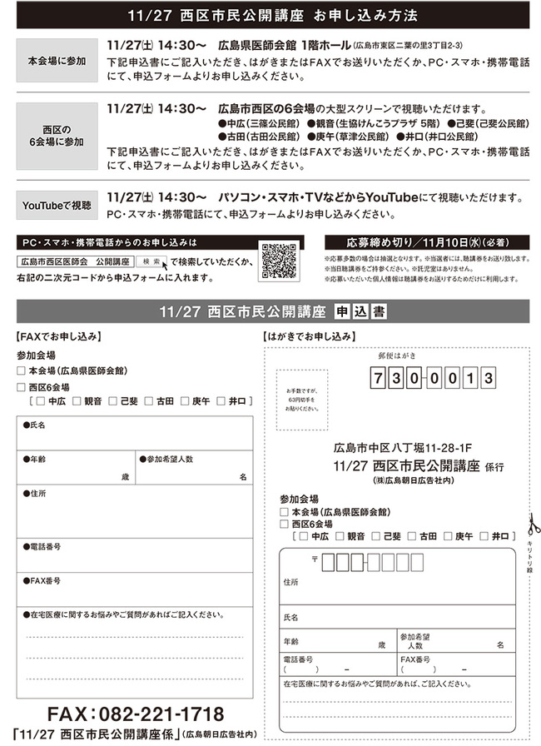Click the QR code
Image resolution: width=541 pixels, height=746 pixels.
(280, 261)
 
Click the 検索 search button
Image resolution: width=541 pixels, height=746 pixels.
(152, 261)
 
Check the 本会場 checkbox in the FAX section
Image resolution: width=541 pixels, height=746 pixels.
(21, 371)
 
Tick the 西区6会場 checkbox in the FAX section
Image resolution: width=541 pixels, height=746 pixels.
(21, 387)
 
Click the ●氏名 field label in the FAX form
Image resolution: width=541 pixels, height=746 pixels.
(35, 425)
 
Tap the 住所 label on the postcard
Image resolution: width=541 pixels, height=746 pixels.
(291, 581)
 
